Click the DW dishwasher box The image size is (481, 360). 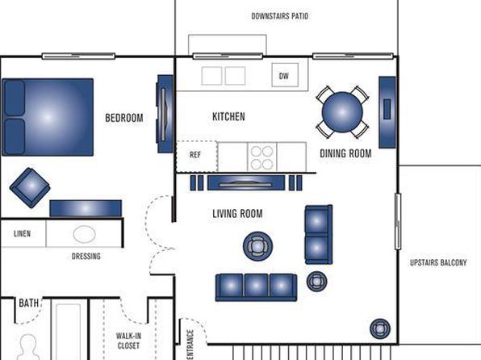pyautogui.click(x=285, y=75)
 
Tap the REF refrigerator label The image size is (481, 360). pyautogui.click(x=195, y=155)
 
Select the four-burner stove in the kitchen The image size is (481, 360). pyautogui.click(x=262, y=157)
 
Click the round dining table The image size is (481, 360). pyautogui.click(x=342, y=112)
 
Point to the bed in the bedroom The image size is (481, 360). pyautogui.click(x=48, y=117)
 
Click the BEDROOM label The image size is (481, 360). pyautogui.click(x=124, y=118)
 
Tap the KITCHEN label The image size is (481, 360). pyautogui.click(x=228, y=116)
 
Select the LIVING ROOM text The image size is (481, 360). pyautogui.click(x=237, y=214)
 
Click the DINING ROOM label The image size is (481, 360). pyautogui.click(x=345, y=153)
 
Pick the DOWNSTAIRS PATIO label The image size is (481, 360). pyautogui.click(x=279, y=16)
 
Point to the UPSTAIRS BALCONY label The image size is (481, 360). pyautogui.click(x=438, y=262)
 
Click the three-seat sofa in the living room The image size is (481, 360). pyautogui.click(x=256, y=287)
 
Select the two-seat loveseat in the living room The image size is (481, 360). pyautogui.click(x=319, y=235)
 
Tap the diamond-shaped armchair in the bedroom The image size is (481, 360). pyautogui.click(x=30, y=187)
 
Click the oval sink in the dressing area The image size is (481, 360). pyautogui.click(x=85, y=234)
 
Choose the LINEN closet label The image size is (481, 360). pyautogui.click(x=22, y=234)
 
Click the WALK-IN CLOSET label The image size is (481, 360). pyautogui.click(x=128, y=341)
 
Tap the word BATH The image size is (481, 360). pyautogui.click(x=29, y=303)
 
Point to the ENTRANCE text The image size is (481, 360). pyautogui.click(x=190, y=345)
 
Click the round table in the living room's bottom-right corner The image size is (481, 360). pyautogui.click(x=380, y=329)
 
